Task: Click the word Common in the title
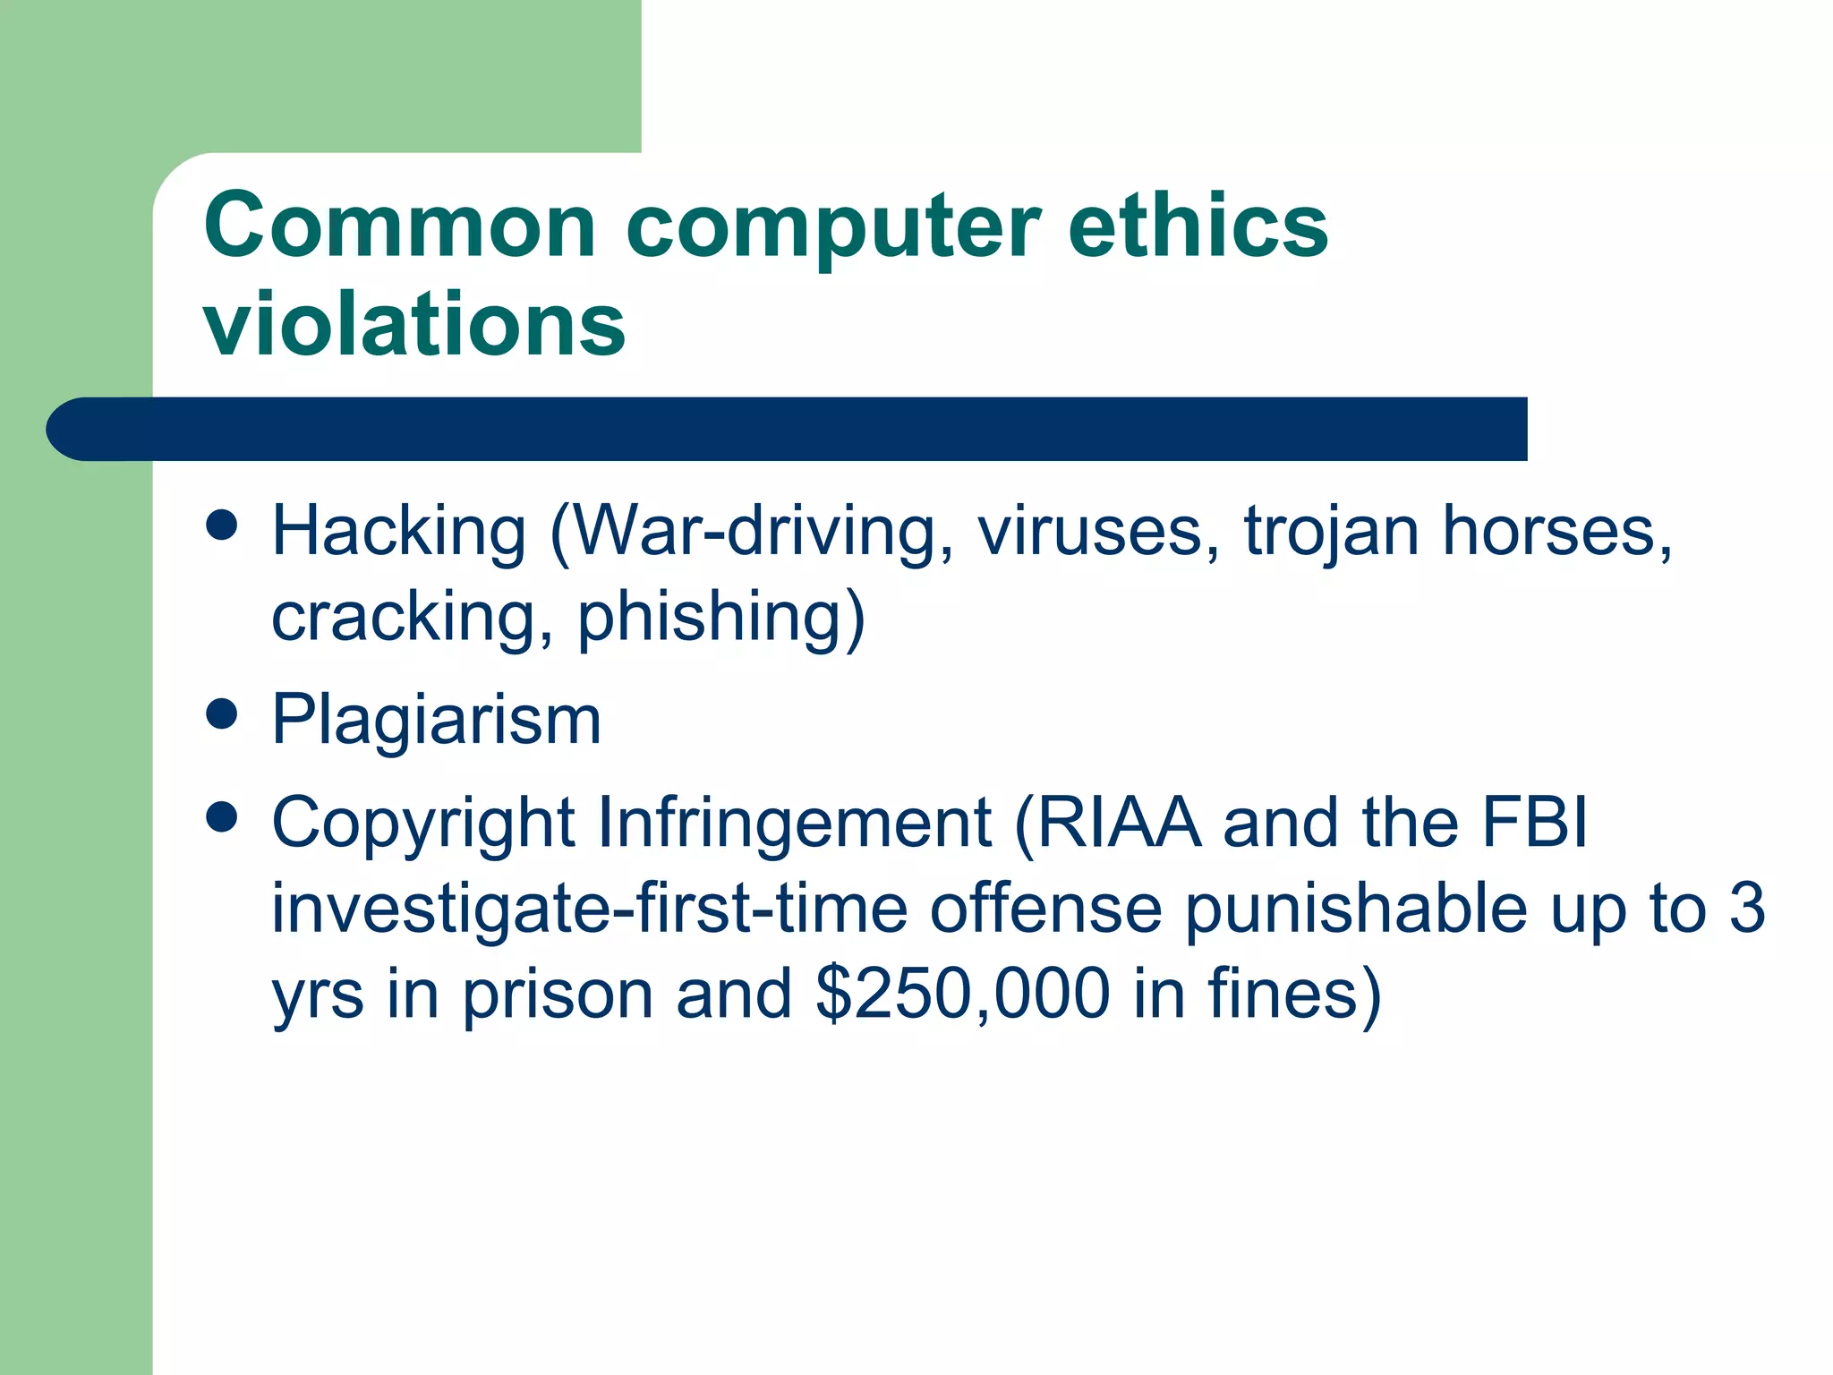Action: point(399,226)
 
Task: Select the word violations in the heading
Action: point(414,324)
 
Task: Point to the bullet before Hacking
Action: point(221,525)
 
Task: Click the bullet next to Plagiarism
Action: point(221,714)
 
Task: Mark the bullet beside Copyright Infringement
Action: point(221,816)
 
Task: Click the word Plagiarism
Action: point(436,721)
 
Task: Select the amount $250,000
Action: point(962,995)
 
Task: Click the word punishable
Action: point(1356,910)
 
